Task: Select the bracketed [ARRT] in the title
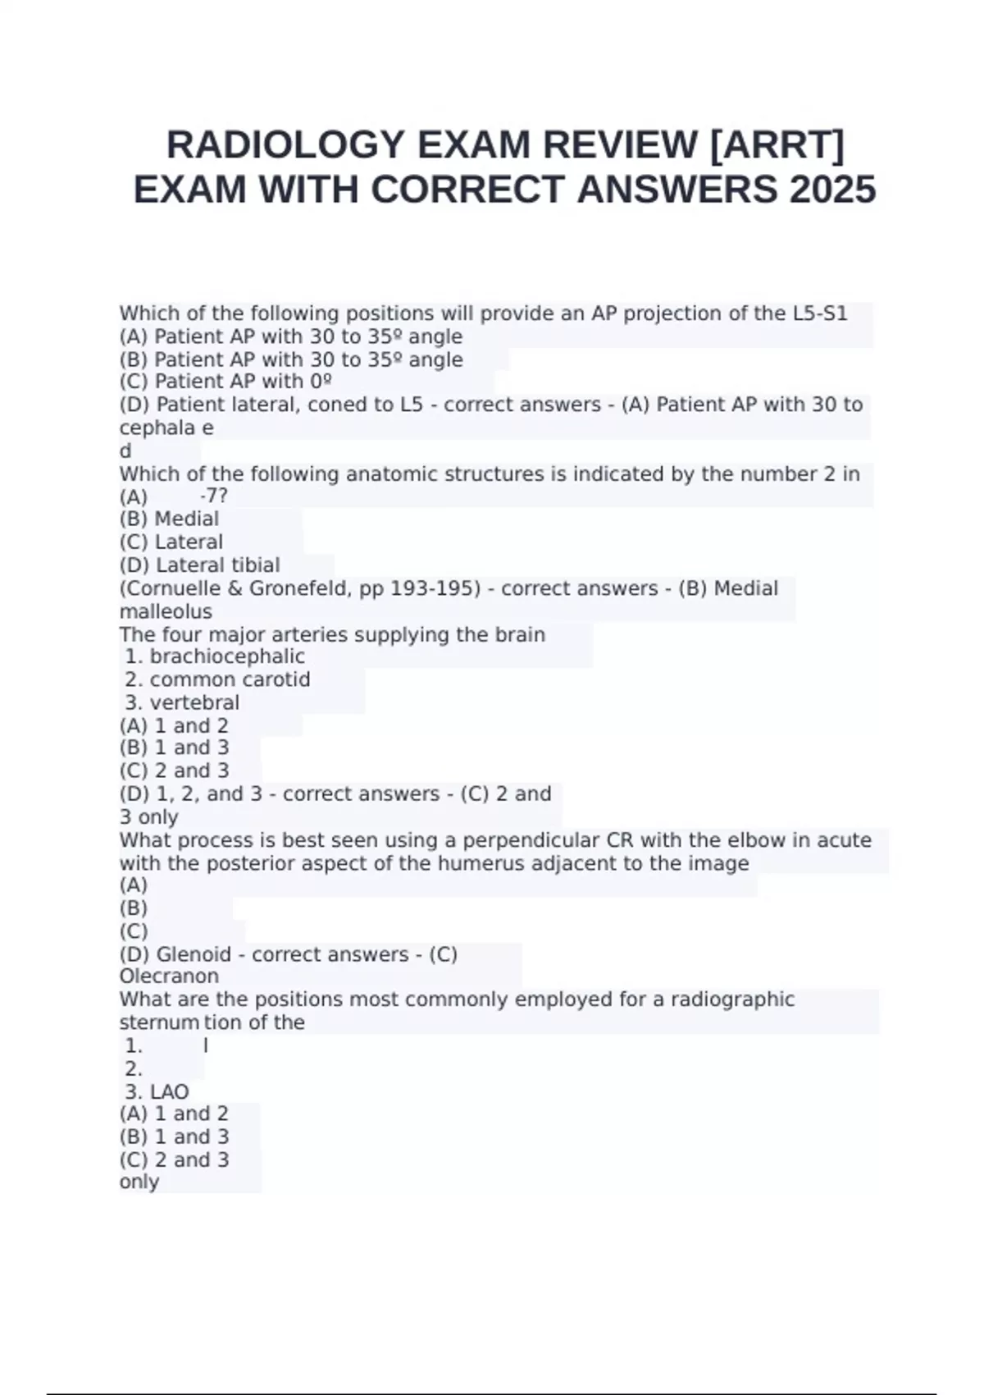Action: coord(776,145)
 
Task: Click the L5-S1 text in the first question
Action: coord(820,313)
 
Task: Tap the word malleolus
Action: coord(166,611)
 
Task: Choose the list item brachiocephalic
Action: coord(227,656)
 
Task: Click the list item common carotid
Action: coord(230,679)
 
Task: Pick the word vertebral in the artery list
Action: coord(194,702)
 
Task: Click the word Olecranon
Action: coord(169,976)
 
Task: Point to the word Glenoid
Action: coord(194,954)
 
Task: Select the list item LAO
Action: coord(169,1091)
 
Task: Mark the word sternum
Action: coord(160,1022)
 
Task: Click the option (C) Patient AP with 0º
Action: coord(225,382)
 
